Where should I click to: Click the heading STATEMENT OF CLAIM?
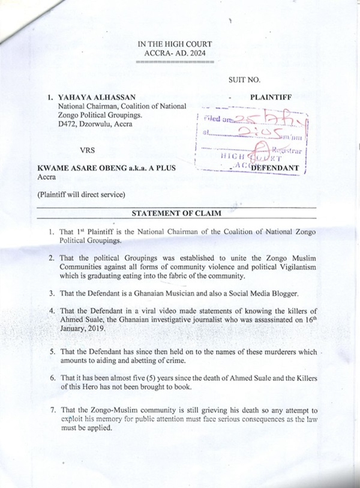(176, 213)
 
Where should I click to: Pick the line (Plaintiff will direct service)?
(83, 194)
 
